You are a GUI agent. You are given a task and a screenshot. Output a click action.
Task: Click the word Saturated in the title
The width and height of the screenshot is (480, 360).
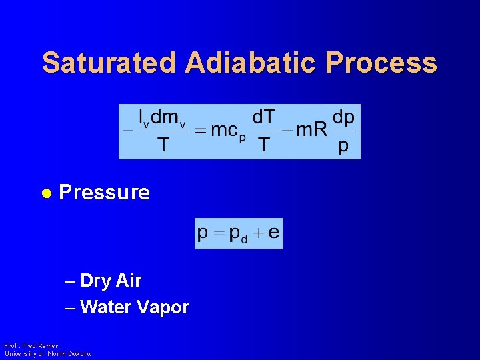coord(109,63)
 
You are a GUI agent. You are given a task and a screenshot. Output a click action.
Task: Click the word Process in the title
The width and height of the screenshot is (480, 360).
coord(381,63)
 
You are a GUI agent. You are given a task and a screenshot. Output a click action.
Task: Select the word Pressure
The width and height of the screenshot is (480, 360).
coord(105,193)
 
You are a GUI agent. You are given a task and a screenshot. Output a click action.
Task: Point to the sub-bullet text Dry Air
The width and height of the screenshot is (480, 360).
coord(111,281)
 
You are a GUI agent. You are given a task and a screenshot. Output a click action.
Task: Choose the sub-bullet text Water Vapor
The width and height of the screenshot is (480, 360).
coord(134,307)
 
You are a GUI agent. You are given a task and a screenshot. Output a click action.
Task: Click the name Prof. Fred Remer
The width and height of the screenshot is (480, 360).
coord(31,345)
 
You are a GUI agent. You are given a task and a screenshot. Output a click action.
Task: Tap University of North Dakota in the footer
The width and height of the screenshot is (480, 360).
coord(47,353)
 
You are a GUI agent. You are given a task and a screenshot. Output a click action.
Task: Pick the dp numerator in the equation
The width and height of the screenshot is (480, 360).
coord(343,117)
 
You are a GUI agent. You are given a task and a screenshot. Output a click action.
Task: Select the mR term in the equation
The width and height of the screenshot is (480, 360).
coord(312,130)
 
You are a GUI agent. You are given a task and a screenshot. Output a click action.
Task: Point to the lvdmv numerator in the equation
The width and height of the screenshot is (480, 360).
coord(162,118)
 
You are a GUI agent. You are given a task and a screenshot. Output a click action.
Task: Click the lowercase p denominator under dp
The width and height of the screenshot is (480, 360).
coord(343,145)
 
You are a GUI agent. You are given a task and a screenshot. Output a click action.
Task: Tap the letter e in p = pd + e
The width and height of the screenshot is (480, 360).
coord(273,233)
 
